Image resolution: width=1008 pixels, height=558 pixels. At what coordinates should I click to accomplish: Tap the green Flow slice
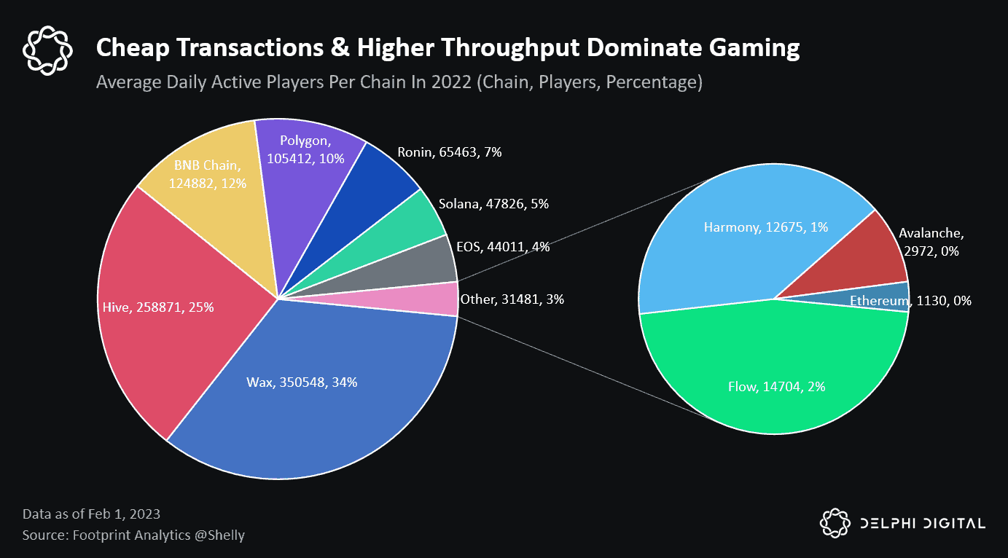pyautogui.click(x=773, y=379)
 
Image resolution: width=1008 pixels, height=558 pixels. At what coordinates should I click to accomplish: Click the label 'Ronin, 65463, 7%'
pyautogui.click(x=449, y=153)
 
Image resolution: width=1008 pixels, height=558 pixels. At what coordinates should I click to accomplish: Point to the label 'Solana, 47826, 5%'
pyautogui.click(x=493, y=205)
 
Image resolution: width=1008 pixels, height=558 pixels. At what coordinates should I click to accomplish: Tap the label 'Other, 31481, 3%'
pyautogui.click(x=512, y=299)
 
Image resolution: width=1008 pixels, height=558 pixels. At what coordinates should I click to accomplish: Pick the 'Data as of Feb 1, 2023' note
pyautogui.click(x=91, y=514)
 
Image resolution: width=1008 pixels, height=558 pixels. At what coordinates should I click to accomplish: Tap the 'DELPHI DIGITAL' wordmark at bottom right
pyautogui.click(x=922, y=523)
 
